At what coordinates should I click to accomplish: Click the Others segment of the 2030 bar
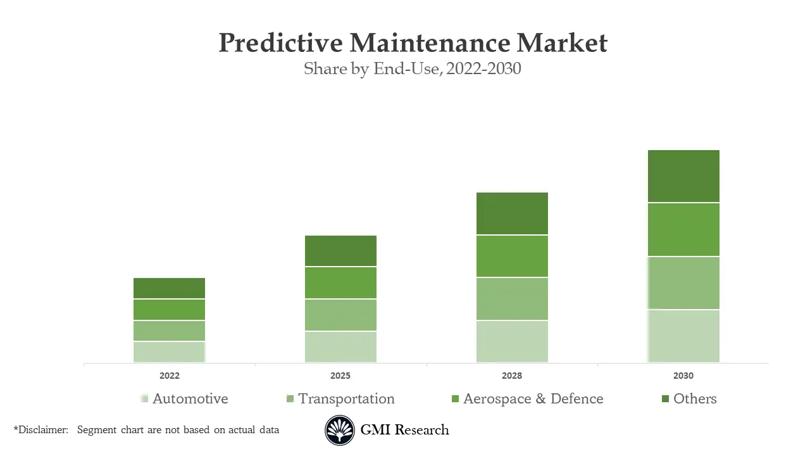(683, 176)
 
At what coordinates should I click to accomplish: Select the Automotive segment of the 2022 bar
(169, 351)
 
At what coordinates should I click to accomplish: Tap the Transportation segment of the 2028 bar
(512, 299)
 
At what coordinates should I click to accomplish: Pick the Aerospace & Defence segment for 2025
(340, 282)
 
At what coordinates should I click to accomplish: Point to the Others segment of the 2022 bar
(169, 288)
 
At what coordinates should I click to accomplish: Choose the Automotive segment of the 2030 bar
(683, 336)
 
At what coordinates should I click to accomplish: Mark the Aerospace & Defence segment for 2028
(512, 256)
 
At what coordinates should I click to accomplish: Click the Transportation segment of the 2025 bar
(340, 315)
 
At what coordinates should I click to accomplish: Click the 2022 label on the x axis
(169, 376)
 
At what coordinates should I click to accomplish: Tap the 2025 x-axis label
(340, 376)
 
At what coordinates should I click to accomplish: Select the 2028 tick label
(512, 376)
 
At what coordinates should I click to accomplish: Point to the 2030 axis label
(683, 376)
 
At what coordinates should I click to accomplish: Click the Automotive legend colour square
(144, 398)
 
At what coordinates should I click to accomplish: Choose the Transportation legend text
(346, 399)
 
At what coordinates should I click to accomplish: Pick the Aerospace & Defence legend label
(533, 399)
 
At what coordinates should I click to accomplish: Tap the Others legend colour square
(665, 398)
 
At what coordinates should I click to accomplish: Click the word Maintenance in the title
(430, 43)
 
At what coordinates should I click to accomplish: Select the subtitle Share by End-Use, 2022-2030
(412, 68)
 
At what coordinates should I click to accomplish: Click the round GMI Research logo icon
(340, 431)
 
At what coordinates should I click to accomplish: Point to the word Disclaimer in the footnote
(42, 430)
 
